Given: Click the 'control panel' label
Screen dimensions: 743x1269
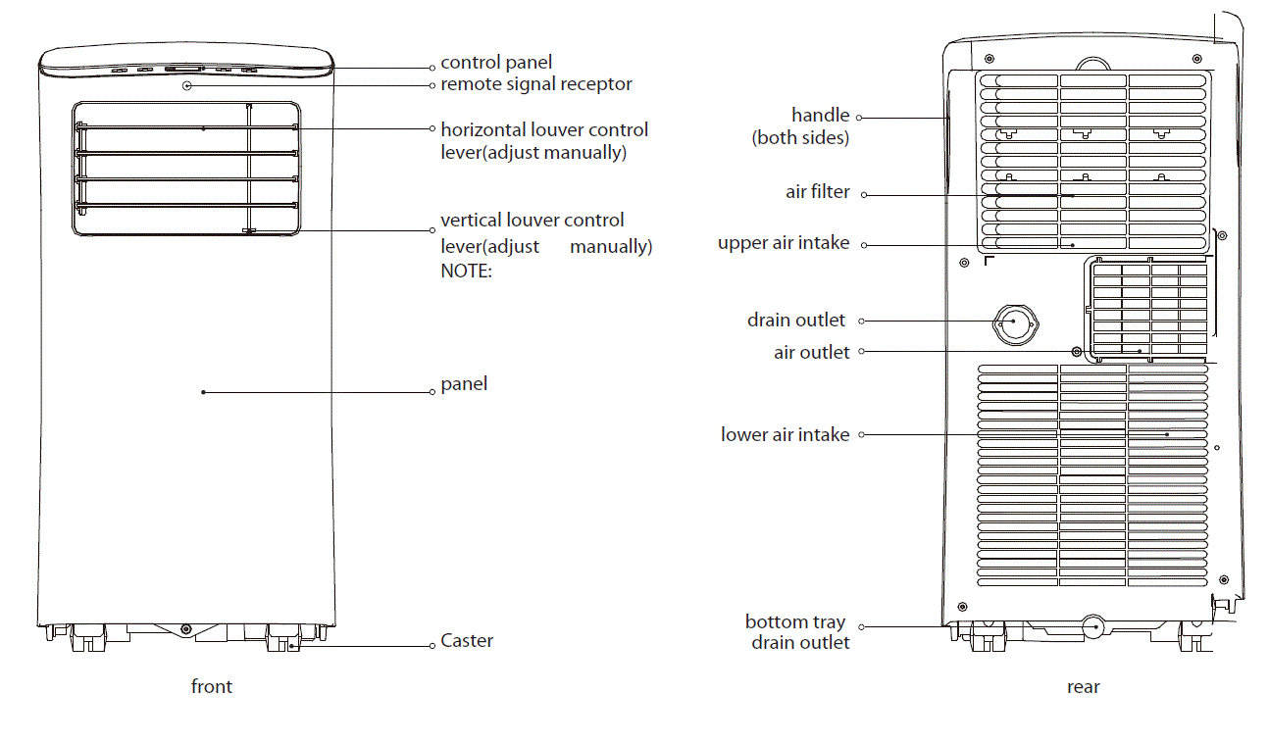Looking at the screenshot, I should pyautogui.click(x=496, y=63).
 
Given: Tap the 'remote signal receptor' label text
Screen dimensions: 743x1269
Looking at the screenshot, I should pyautogui.click(x=535, y=84).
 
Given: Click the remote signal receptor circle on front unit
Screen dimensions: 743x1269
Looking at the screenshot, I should pyautogui.click(x=186, y=85).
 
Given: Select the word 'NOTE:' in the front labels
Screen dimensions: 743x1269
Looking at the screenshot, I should pyautogui.click(x=466, y=272).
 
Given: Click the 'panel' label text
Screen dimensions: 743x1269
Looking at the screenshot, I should pyautogui.click(x=464, y=384).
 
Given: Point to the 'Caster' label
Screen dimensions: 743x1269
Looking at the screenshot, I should pyautogui.click(x=467, y=641).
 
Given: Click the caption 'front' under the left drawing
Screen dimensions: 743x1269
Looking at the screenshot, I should pyautogui.click(x=212, y=686).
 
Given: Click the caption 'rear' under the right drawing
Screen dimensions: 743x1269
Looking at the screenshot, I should pyautogui.click(x=1083, y=687).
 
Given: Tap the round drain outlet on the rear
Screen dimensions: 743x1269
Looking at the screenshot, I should pyautogui.click(x=1015, y=322).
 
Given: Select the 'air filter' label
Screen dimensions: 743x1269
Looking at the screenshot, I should pyautogui.click(x=818, y=192).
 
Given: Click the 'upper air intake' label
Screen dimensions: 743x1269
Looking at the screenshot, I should pyautogui.click(x=784, y=243).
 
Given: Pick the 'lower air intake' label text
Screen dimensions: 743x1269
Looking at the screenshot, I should pyautogui.click(x=785, y=434).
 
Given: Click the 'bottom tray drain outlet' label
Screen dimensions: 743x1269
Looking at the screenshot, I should pyautogui.click(x=797, y=632).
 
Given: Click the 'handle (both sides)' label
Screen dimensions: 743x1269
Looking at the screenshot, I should pyautogui.click(x=801, y=126).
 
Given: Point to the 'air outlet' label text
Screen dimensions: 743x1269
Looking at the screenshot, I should pyautogui.click(x=811, y=352).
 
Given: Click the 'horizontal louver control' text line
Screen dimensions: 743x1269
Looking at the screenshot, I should pyautogui.click(x=544, y=129).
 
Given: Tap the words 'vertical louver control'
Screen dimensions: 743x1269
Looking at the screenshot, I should pyautogui.click(x=533, y=221).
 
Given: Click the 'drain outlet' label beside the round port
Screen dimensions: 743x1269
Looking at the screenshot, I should pyautogui.click(x=795, y=321).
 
